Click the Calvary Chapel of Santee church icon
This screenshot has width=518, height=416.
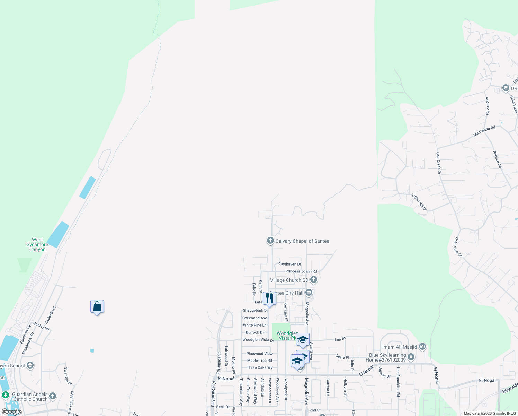click(x=270, y=241)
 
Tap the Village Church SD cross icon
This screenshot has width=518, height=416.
click(x=313, y=279)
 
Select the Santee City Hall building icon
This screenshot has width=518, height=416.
click(x=309, y=293)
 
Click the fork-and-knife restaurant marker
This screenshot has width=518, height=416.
click(x=269, y=298)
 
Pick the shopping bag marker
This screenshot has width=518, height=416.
click(x=97, y=306)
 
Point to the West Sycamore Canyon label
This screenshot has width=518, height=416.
click(x=37, y=244)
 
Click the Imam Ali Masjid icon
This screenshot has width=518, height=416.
click(x=422, y=346)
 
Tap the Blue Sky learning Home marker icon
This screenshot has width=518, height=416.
click(x=411, y=357)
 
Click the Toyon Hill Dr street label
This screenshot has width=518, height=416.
click(x=419, y=202)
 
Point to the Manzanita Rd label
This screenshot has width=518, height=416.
click(x=484, y=131)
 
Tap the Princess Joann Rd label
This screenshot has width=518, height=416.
click(x=301, y=271)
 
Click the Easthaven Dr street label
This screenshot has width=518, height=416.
click(x=290, y=264)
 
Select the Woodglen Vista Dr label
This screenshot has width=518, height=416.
click(x=258, y=340)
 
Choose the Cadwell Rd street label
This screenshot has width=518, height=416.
click(x=51, y=315)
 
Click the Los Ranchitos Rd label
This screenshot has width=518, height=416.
click(x=398, y=382)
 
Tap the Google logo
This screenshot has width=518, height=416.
click(x=12, y=412)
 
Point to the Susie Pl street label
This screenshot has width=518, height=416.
click(x=342, y=357)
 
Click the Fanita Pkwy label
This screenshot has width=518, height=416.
click(x=26, y=334)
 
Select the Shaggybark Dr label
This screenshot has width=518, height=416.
click(x=255, y=310)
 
